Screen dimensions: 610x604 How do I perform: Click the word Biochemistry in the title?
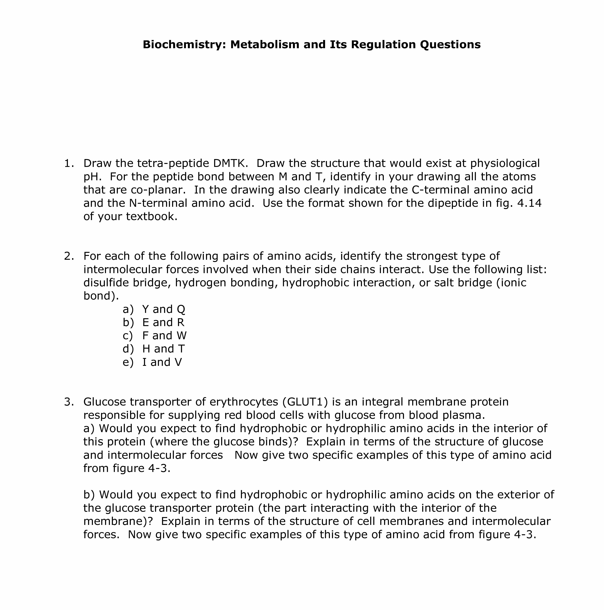[x=184, y=45]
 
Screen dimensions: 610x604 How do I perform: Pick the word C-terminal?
[x=437, y=190]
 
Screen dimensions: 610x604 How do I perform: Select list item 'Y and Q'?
[x=164, y=309]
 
